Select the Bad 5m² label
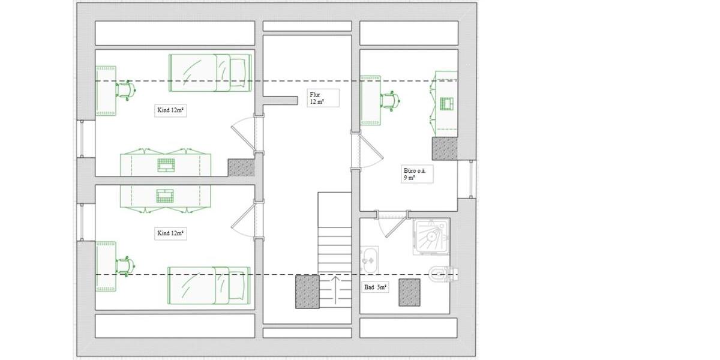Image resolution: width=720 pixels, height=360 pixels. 376,287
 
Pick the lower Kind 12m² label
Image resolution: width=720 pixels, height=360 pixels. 170,233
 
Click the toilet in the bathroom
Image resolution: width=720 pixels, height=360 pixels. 444,275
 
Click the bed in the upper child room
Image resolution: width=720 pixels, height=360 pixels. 209,73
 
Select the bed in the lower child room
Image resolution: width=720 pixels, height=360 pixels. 209,286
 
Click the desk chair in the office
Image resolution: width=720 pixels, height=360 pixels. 391,101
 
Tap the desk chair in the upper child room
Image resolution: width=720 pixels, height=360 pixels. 126,90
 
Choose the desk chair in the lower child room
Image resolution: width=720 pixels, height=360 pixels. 126,265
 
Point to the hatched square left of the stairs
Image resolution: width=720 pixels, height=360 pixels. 307,292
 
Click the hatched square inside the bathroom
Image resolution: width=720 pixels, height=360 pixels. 409,292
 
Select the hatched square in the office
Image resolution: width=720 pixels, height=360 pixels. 445,148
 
